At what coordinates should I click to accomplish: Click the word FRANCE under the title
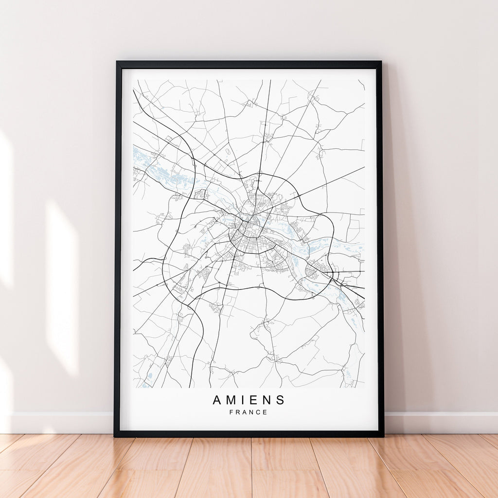[x=249, y=412]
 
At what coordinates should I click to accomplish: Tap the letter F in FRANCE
[x=231, y=412]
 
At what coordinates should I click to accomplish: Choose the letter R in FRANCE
[x=238, y=412]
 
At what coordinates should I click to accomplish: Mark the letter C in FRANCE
[x=259, y=412]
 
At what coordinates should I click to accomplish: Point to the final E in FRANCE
[x=266, y=412]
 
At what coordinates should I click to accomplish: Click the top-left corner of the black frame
[x=117, y=62]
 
